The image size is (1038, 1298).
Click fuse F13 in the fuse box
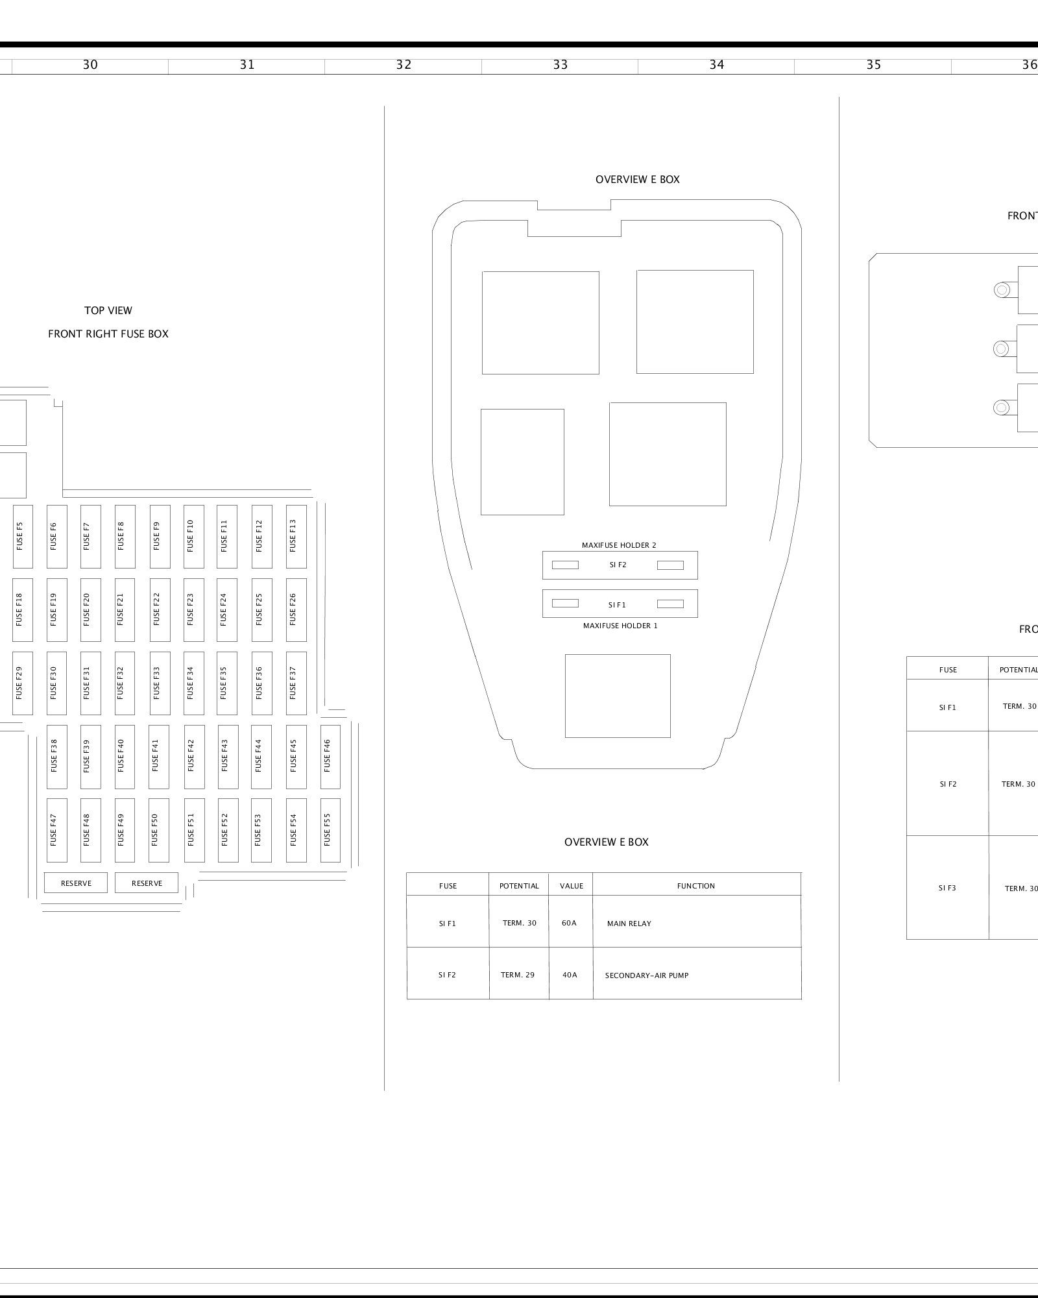(x=296, y=536)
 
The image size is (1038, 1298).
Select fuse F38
(x=56, y=756)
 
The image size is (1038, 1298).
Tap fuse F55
(x=330, y=829)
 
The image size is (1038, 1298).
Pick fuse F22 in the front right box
(x=160, y=609)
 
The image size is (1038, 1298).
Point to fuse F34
(x=193, y=683)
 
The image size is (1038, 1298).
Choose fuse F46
(x=330, y=756)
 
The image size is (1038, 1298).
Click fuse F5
(x=23, y=536)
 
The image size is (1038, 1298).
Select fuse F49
(x=125, y=829)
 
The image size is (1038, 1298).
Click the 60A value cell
(x=570, y=923)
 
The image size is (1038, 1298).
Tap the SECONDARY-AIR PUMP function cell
(x=696, y=975)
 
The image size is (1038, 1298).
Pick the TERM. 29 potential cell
(x=518, y=975)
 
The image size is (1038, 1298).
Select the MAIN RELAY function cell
(x=696, y=923)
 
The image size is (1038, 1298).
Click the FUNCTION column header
(x=696, y=886)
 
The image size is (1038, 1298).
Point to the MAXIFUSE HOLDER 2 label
(x=619, y=546)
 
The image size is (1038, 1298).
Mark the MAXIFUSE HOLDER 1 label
(x=620, y=626)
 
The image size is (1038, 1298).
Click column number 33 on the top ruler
(x=560, y=65)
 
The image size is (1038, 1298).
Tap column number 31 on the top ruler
(x=247, y=65)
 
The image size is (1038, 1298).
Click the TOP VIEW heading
(x=108, y=311)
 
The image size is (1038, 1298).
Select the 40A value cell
(x=570, y=975)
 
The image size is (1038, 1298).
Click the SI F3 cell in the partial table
(x=947, y=888)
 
